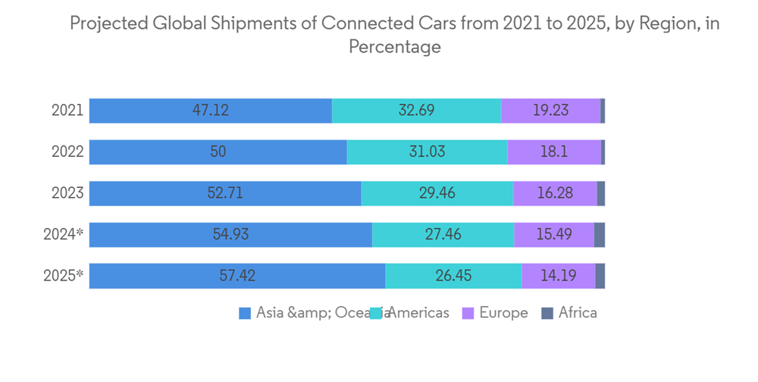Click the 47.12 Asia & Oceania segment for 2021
click(x=211, y=111)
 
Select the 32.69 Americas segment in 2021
click(x=416, y=111)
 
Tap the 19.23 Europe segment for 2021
click(x=550, y=111)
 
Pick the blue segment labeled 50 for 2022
click(x=218, y=152)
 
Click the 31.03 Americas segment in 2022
click(x=427, y=152)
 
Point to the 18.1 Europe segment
click(x=554, y=152)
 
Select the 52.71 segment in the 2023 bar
click(x=225, y=193)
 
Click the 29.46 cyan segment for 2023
click(x=437, y=193)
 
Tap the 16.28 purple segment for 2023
click(x=555, y=193)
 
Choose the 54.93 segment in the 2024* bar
click(x=230, y=235)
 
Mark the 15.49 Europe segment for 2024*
click(x=554, y=235)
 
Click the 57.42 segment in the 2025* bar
click(x=237, y=276)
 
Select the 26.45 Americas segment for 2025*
click(x=453, y=276)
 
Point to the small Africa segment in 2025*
click(x=600, y=276)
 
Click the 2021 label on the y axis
click(x=67, y=111)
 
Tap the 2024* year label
click(x=64, y=235)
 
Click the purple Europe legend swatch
click(x=468, y=313)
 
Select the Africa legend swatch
click(x=547, y=313)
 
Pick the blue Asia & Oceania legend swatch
click(x=245, y=313)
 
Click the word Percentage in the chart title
click(x=394, y=47)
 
